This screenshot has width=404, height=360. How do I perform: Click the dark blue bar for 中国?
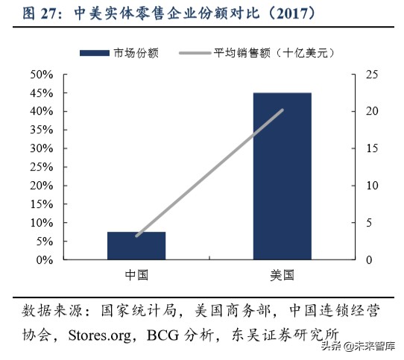pos(136,245)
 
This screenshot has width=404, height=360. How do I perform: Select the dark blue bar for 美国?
pos(283,176)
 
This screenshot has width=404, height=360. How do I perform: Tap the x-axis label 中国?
pos(136,275)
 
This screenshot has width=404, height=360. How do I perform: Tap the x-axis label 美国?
pos(283,275)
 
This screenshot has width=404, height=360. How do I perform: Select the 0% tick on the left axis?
pos(44,260)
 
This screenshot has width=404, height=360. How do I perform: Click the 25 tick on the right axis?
pos(370,75)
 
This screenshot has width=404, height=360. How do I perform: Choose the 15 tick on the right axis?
pos(370,148)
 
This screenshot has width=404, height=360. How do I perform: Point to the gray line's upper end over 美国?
pos(283,110)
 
